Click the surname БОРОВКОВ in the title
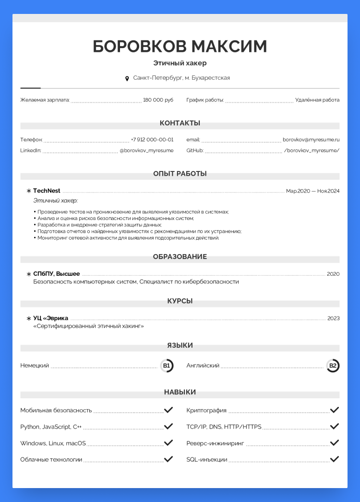click(139, 47)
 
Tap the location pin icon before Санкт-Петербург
click(127, 78)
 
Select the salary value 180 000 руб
click(158, 100)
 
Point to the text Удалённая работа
click(317, 100)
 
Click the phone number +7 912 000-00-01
click(152, 140)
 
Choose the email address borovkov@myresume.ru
click(311, 140)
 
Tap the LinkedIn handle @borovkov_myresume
click(146, 150)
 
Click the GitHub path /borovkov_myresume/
click(312, 150)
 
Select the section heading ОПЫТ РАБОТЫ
click(180, 173)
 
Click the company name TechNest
click(47, 191)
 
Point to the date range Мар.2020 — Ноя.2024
click(312, 191)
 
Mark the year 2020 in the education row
click(333, 274)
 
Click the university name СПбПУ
click(43, 274)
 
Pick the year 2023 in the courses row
click(333, 318)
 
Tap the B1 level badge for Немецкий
click(167, 366)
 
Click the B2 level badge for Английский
click(333, 366)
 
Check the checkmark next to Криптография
click(335, 410)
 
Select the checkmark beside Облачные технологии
click(168, 459)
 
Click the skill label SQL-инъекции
click(207, 460)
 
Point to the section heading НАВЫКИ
click(180, 392)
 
